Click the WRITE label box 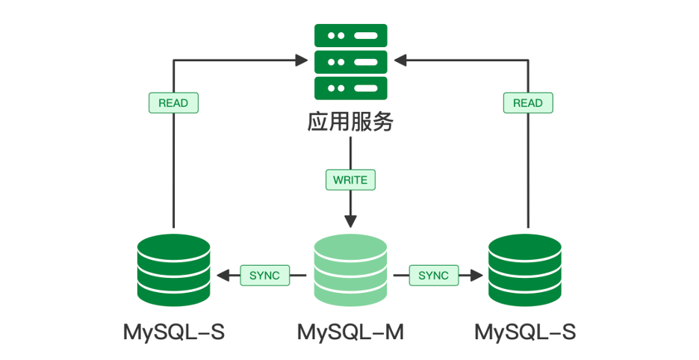pos(350,180)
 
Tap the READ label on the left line pos(173,103)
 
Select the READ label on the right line pos(528,103)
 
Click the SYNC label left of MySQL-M pos(264,276)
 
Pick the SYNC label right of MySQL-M pos(433,276)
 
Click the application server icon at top pos(350,61)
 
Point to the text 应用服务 pos(350,122)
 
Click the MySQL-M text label pos(350,332)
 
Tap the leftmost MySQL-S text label pos(174,332)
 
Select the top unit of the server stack pos(350,35)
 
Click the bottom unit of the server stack pos(350,87)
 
